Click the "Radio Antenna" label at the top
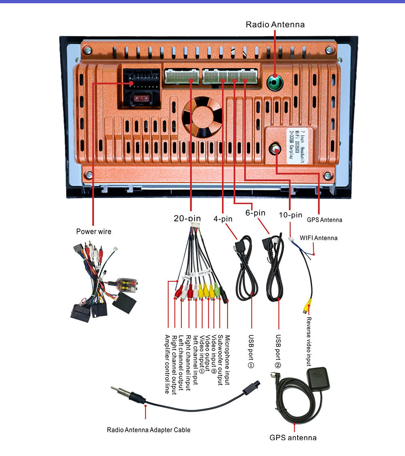point(275,24)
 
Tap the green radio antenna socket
point(275,83)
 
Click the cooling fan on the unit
point(202,117)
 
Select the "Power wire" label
point(94,231)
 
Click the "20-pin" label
point(187,218)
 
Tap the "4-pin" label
point(223,218)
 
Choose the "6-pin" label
point(255,213)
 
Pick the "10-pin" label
point(290,215)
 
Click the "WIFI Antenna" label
point(318,238)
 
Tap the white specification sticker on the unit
point(297,145)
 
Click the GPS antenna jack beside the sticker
point(275,149)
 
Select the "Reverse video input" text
point(309,341)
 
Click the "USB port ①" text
point(251,351)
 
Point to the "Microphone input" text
point(227,360)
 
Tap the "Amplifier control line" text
point(167,364)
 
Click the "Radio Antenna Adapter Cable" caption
point(149,430)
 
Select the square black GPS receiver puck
point(318,378)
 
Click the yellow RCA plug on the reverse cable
point(307,306)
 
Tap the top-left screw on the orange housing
point(87,50)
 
